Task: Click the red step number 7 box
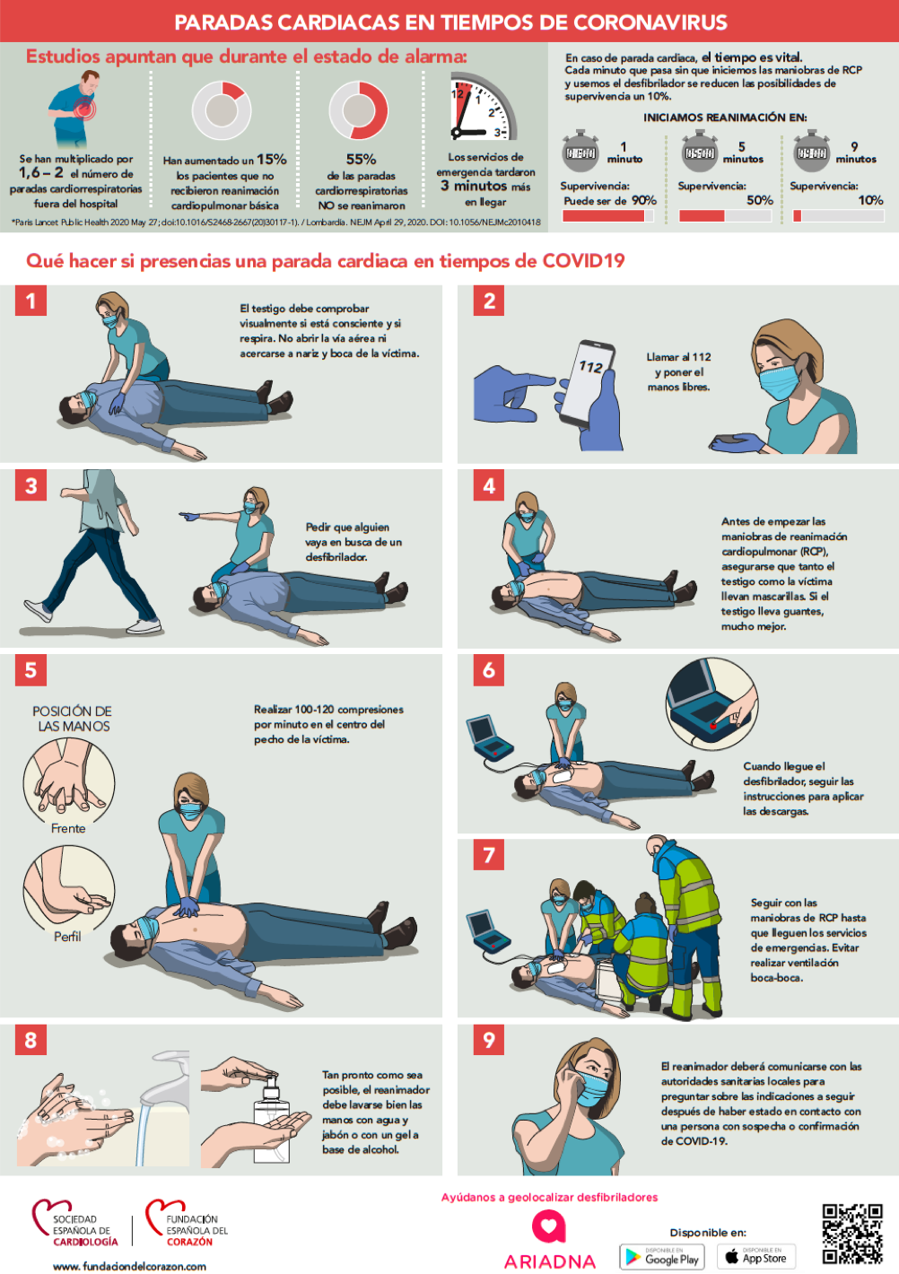[488, 855]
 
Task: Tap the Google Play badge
[662, 1256]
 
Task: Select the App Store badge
[755, 1256]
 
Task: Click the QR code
[852, 1234]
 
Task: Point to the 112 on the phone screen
[590, 367]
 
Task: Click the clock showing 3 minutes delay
[484, 107]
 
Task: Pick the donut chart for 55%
[358, 110]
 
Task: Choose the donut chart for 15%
[222, 110]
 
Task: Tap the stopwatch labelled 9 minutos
[811, 152]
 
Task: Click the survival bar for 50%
[725, 215]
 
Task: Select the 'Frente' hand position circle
[69, 783]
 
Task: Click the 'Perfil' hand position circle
[69, 891]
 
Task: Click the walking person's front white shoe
[144, 626]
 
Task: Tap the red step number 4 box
[488, 485]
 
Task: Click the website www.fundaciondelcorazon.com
[130, 1266]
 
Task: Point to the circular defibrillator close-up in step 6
[711, 703]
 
